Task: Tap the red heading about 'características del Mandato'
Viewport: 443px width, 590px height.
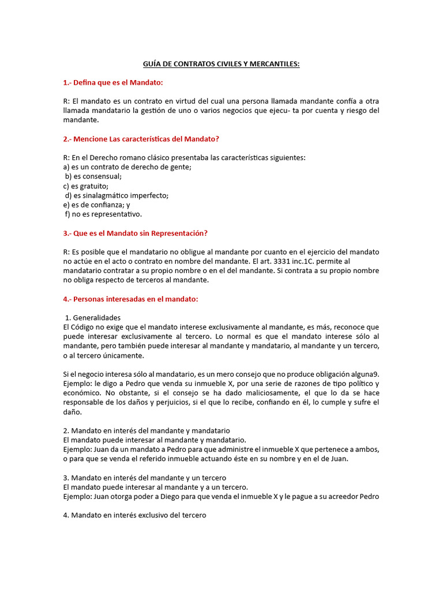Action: click(x=141, y=139)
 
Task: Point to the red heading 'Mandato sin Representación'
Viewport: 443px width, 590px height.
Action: click(x=135, y=233)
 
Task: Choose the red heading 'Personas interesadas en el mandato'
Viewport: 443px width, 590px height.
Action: click(x=130, y=298)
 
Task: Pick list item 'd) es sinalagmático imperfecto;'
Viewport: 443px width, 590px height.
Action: click(x=117, y=195)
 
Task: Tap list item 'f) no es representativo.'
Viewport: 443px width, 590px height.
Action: click(x=103, y=214)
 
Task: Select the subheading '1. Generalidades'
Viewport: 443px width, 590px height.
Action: click(x=93, y=317)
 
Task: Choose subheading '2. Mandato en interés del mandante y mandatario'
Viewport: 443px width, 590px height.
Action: click(x=146, y=430)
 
